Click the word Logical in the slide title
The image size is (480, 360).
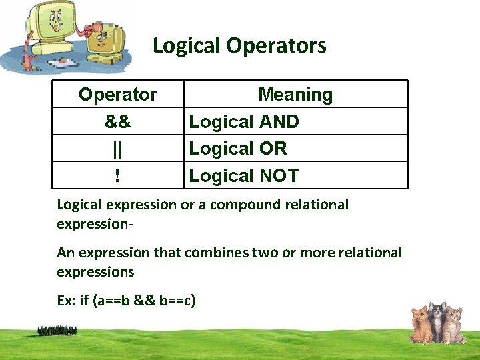[x=187, y=46]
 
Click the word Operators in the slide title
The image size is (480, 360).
[x=276, y=46]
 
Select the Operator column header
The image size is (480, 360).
[x=118, y=95]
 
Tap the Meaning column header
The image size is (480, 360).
[x=295, y=95]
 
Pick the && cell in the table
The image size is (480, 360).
[x=118, y=122]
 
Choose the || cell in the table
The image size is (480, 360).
[x=118, y=149]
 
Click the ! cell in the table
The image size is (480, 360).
[x=118, y=176]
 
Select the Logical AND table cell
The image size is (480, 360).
[x=244, y=122]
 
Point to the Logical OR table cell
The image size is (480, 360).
[x=238, y=149]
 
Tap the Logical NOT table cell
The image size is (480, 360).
[x=244, y=176]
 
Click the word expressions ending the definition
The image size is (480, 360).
[x=95, y=272]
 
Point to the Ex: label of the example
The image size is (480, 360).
[x=66, y=301]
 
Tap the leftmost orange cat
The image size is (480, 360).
[x=419, y=324]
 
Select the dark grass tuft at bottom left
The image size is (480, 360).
[x=57, y=330]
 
